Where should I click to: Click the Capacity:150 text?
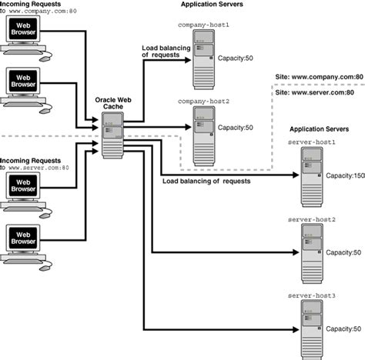click(x=344, y=175)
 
